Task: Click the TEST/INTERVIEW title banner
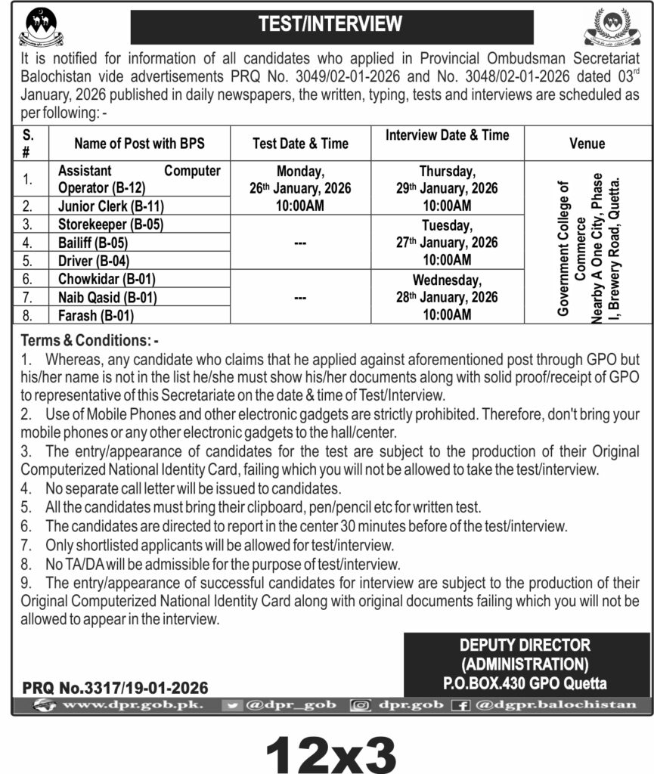pos(331,25)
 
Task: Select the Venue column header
pos(587,143)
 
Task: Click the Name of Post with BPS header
pos(139,143)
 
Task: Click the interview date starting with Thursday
pos(458,187)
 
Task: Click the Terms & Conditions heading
pos(89,340)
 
